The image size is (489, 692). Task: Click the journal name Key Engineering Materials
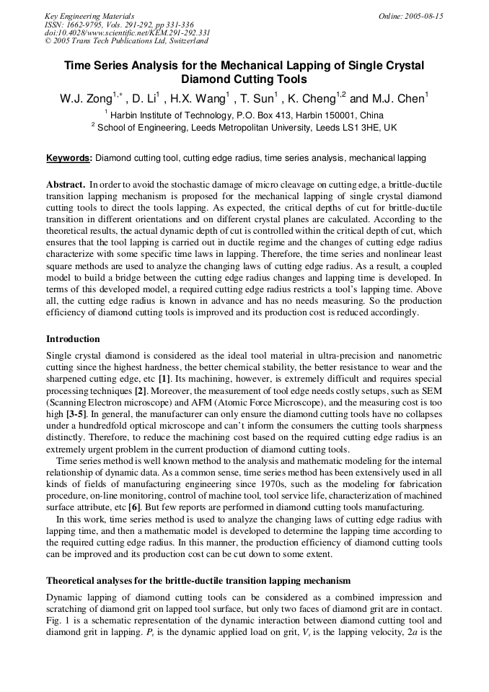[89, 16]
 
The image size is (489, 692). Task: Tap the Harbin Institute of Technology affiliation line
[244, 115]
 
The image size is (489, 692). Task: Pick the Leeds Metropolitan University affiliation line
[244, 127]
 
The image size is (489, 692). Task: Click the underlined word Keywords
[69, 158]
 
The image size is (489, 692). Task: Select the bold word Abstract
[66, 185]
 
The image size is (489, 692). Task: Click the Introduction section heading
[73, 339]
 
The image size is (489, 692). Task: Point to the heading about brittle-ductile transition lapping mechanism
[198, 580]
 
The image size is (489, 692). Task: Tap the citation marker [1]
[164, 379]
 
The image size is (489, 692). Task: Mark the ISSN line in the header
[118, 25]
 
